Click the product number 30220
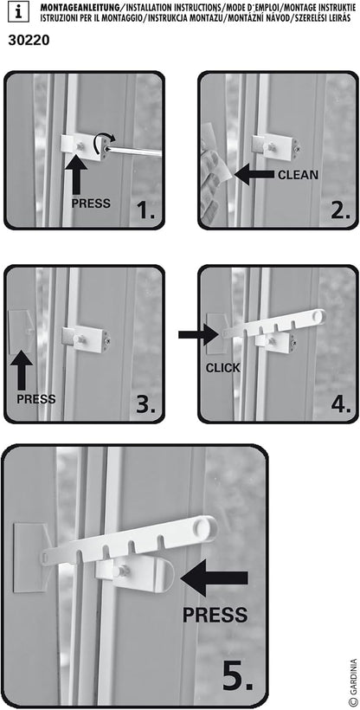pyautogui.click(x=28, y=39)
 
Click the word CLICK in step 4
pyautogui.click(x=222, y=367)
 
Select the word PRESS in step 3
pyautogui.click(x=35, y=399)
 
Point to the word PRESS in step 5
pyautogui.click(x=215, y=616)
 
